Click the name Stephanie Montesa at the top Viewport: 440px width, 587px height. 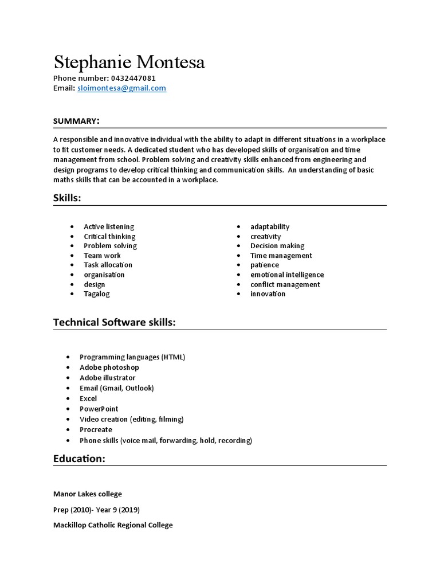[x=129, y=62]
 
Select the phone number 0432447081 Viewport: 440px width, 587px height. [x=132, y=78]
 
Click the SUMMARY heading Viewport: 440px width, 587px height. [x=77, y=120]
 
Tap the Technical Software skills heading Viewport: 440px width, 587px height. [x=114, y=323]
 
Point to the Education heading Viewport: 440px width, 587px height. [x=79, y=459]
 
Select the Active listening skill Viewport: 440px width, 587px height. [x=109, y=226]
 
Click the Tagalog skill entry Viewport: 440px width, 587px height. [x=96, y=293]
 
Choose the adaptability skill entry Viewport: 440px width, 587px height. [x=270, y=226]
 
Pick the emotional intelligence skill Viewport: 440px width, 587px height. [x=287, y=275]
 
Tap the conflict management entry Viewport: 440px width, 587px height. [x=285, y=284]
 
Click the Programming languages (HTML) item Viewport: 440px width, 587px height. [x=132, y=357]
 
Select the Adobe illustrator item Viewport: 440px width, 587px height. [x=108, y=378]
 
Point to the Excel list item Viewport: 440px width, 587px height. [x=88, y=398]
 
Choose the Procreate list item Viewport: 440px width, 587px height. [x=96, y=429]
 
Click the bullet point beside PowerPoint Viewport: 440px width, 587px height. [x=68, y=409]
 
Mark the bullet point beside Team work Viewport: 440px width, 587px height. [x=72, y=256]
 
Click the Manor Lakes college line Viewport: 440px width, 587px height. [x=87, y=494]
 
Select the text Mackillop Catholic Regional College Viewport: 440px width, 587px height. [x=113, y=525]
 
